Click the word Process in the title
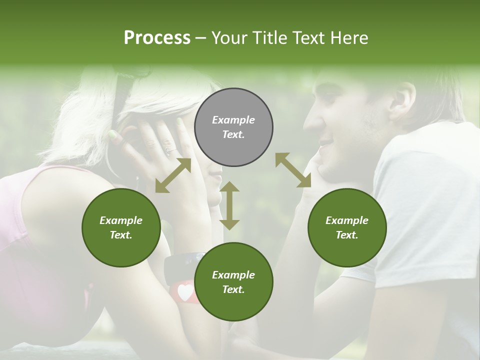click(x=157, y=37)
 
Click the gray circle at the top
click(x=233, y=127)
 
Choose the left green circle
click(x=121, y=228)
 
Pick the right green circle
click(x=347, y=228)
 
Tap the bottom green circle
click(x=233, y=282)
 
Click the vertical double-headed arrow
click(x=229, y=205)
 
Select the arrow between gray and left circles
click(x=173, y=175)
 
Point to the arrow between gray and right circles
click(x=293, y=170)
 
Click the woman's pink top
click(x=20, y=210)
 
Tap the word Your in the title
click(x=228, y=37)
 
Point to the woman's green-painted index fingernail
click(x=112, y=134)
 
